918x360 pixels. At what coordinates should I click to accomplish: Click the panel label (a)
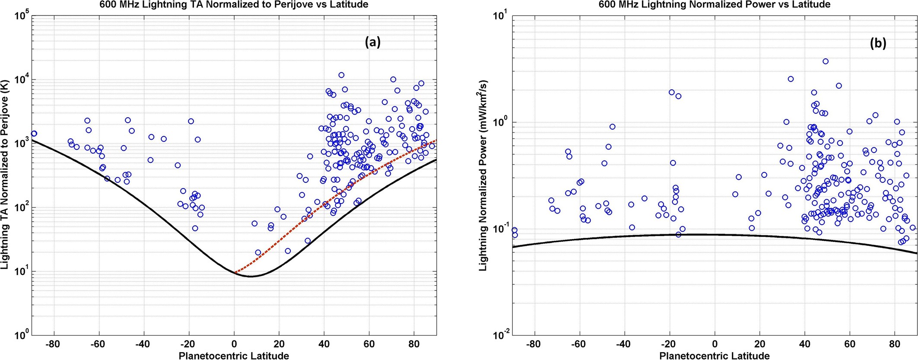372,42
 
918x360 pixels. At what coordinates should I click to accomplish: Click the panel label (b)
878,43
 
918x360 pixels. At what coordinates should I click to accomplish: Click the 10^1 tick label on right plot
502,16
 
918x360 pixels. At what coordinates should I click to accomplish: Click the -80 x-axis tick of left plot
53,345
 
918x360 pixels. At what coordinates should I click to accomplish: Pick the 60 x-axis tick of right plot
849,345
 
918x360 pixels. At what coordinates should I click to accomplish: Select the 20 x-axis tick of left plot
279,345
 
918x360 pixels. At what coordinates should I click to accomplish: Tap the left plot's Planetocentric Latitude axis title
234,356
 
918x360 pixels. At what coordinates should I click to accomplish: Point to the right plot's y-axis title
483,175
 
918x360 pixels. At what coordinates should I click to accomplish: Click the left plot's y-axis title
5,175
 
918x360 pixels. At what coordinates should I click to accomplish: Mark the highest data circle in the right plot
826,61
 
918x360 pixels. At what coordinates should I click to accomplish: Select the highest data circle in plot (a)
341,75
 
